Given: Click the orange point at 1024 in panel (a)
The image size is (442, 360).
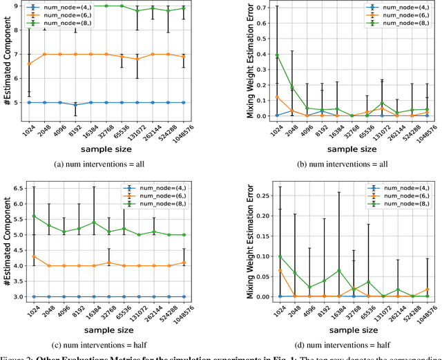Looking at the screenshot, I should click(28, 64).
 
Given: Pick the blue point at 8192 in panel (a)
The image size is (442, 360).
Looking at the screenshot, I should click(75, 105).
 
